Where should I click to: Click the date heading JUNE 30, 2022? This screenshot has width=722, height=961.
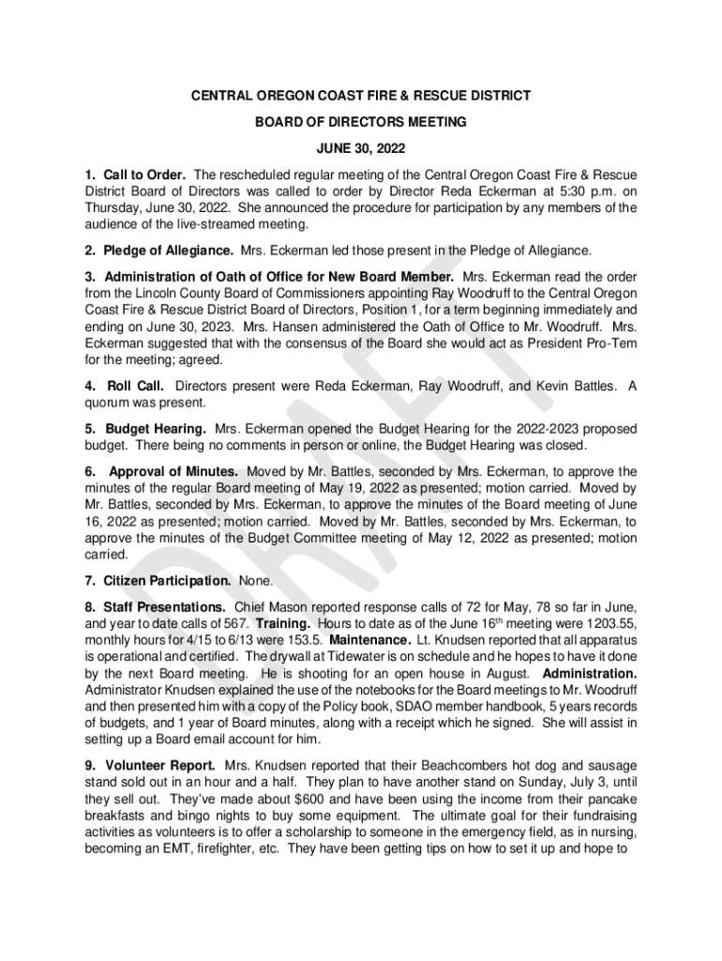tap(361, 148)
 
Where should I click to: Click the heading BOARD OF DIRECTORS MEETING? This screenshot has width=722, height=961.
tap(361, 122)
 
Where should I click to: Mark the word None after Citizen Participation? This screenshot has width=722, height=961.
tap(256, 581)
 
